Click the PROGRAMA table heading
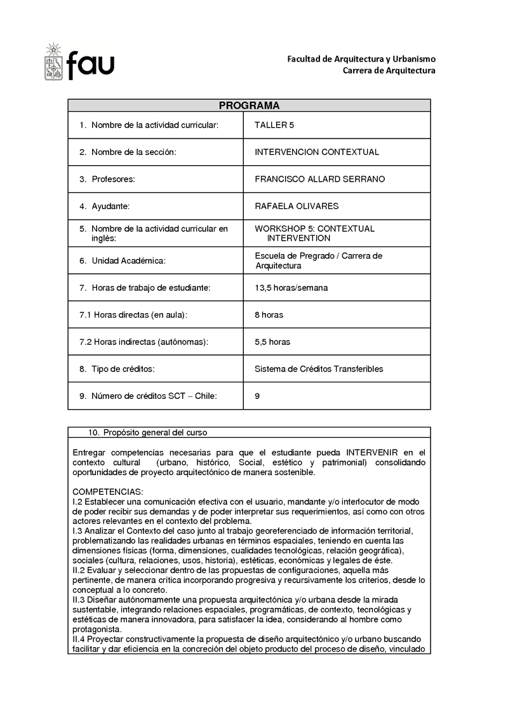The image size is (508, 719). coord(249,105)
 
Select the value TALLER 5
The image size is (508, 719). coord(274,125)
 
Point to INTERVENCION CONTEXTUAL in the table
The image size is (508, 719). coord(316,152)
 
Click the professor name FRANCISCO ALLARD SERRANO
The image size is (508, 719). coord(319,179)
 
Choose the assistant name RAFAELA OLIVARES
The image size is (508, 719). coord(297,206)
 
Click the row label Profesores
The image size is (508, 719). coord(113,179)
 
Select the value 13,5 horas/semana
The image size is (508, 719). coord(291,288)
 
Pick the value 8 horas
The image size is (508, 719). coord(269,315)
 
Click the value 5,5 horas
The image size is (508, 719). coord(272,342)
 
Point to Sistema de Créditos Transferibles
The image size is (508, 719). coord(319,369)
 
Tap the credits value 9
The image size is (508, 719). coord(257,396)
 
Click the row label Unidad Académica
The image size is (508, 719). coord(129,260)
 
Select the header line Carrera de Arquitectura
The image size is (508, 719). coord(389,71)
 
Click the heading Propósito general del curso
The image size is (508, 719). coord(155,433)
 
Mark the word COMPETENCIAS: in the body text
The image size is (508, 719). coord(108,492)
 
